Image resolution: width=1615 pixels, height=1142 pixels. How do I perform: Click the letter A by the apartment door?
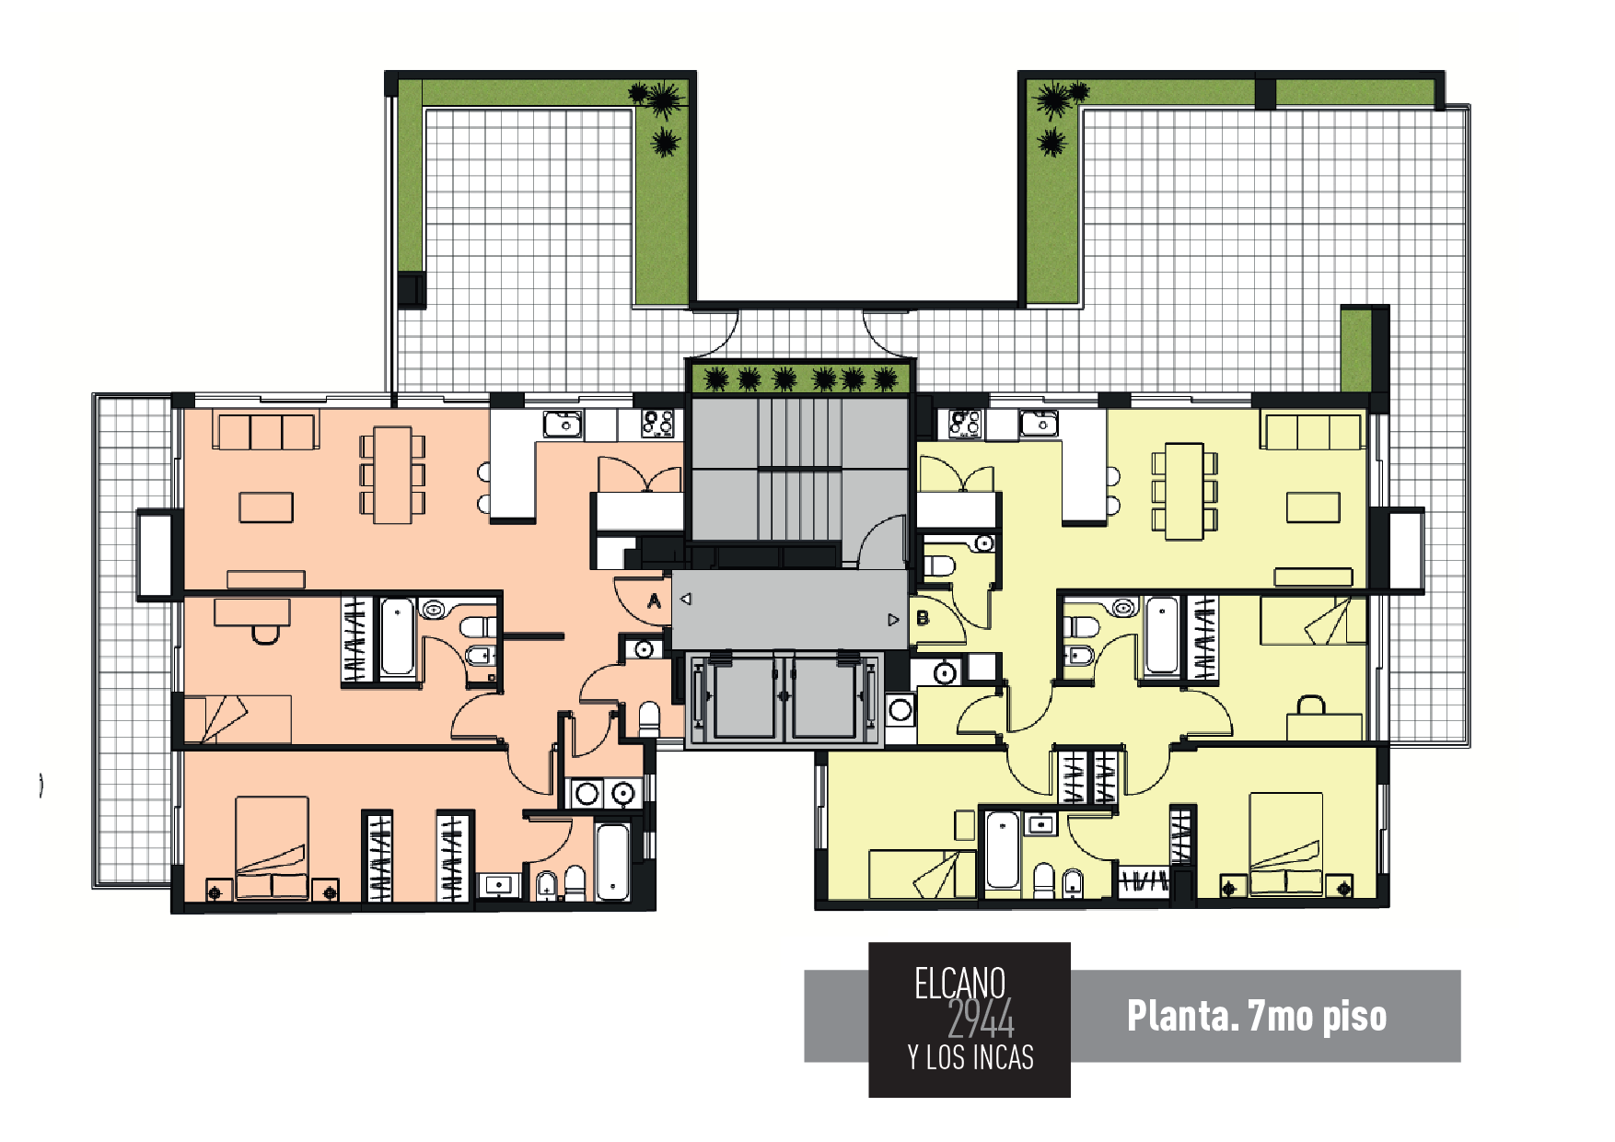point(654,601)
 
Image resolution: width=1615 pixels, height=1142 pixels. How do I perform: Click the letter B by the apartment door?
point(923,619)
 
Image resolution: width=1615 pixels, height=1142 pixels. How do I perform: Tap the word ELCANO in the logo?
point(959,984)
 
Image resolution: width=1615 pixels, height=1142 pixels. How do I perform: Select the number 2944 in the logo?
point(981,1020)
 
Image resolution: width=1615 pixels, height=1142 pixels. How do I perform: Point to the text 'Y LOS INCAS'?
point(970,1057)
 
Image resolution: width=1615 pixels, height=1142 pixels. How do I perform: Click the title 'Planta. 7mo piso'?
point(1256,1016)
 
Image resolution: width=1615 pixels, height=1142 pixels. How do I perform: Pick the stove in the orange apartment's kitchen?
point(657,424)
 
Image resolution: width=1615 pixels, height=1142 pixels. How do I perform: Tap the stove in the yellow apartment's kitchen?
point(965,424)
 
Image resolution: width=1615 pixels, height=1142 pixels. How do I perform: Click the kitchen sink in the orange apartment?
point(563,425)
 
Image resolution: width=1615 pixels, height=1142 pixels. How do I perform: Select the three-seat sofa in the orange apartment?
point(266,430)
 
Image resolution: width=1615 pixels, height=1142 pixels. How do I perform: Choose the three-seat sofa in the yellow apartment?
point(1313,431)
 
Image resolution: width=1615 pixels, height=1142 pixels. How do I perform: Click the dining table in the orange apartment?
point(392,474)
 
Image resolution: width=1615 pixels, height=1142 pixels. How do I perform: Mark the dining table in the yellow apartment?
point(1184,491)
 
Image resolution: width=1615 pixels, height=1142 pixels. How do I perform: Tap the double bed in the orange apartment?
point(272,845)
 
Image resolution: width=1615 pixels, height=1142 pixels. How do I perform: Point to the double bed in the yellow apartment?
point(1285,842)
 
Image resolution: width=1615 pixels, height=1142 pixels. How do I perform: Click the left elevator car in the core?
point(744,697)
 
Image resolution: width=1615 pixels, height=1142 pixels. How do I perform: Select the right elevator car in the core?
point(824,697)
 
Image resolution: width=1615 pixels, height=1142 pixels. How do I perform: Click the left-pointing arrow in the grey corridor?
point(685,599)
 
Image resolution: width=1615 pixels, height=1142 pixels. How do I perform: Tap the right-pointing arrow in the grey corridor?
point(892,620)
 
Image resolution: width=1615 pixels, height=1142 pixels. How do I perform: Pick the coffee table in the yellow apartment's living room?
point(1313,507)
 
